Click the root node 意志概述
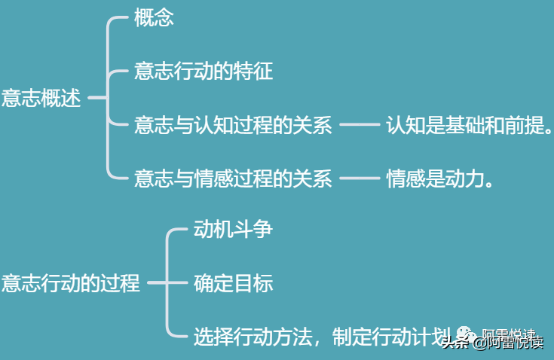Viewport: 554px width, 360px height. (x=41, y=98)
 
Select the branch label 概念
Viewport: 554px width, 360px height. (x=154, y=17)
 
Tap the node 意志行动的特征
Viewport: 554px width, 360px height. (x=204, y=71)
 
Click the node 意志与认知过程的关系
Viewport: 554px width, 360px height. (x=233, y=125)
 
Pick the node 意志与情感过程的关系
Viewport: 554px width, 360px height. (x=233, y=178)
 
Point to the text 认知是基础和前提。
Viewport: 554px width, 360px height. (x=469, y=125)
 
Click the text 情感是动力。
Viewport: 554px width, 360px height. (x=439, y=178)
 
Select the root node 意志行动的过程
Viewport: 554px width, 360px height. (x=71, y=283)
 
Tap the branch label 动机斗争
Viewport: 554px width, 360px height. (x=233, y=230)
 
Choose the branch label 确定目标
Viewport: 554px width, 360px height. (x=233, y=283)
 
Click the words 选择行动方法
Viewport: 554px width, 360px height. (x=253, y=337)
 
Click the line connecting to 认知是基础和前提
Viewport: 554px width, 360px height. (x=360, y=124)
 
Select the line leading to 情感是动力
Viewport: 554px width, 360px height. (x=360, y=178)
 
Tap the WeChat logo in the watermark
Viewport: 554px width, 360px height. (x=466, y=334)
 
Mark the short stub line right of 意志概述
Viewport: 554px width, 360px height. (x=97, y=97)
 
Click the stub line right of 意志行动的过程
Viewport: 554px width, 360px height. (x=157, y=282)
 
